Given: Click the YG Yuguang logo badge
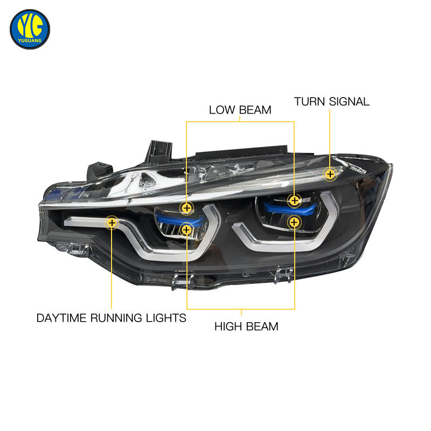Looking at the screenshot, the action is (x=30, y=29).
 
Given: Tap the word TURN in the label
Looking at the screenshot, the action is (x=309, y=101).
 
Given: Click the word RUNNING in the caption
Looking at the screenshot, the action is (x=116, y=318).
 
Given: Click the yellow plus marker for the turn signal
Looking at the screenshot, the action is (x=330, y=173).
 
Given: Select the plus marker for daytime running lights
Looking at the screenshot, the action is (x=112, y=222).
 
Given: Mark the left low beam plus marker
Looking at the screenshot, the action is (x=186, y=208).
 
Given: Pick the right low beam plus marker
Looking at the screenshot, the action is (x=294, y=200).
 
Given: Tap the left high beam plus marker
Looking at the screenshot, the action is (x=186, y=230).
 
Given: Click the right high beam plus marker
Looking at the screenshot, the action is (x=294, y=221).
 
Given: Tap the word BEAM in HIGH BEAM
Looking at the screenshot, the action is (x=263, y=326).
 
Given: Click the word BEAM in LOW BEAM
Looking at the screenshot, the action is (x=255, y=110).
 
